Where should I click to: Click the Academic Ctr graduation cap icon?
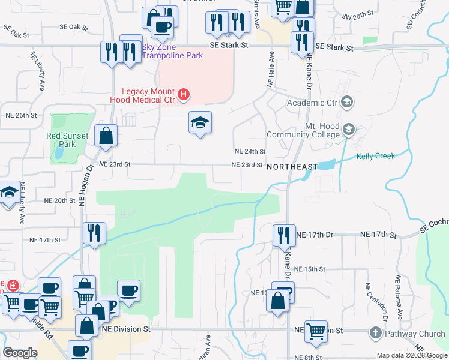pos(346,102)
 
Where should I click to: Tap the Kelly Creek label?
pos(376,156)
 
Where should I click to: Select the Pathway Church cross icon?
pos(376,333)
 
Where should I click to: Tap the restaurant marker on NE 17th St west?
pos(94,232)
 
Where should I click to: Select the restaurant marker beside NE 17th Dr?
pos(283,234)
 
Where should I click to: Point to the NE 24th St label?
pos(250,152)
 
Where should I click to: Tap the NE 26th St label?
pos(21,115)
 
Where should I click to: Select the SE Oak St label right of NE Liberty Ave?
pos(73,27)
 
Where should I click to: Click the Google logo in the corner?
pos(20,353)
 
